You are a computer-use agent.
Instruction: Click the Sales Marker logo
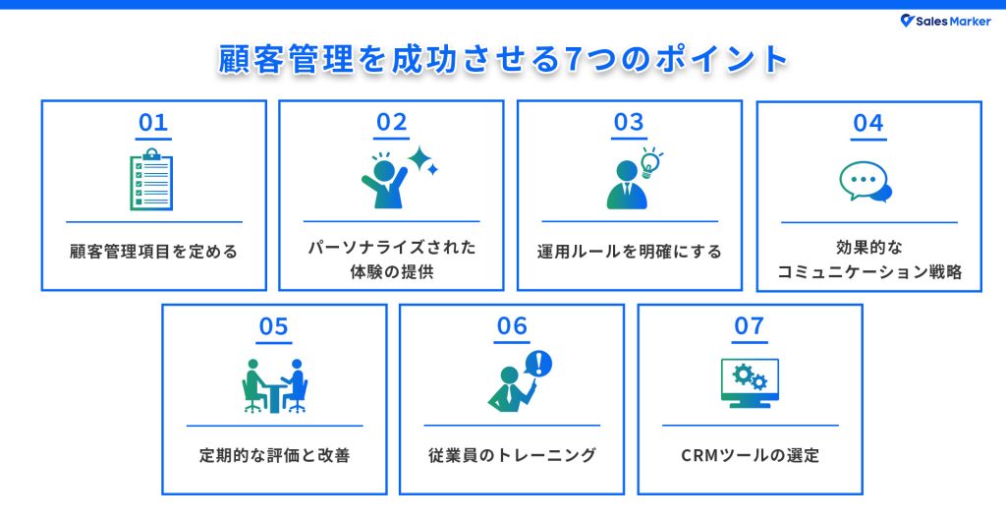pyautogui.click(x=946, y=21)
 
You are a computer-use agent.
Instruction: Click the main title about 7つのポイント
pyautogui.click(x=503, y=60)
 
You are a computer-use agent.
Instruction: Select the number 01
pyautogui.click(x=153, y=123)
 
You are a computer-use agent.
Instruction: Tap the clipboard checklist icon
pyautogui.click(x=152, y=180)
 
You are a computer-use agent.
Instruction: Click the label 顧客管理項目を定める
pyautogui.click(x=153, y=252)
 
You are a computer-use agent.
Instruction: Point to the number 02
pyautogui.click(x=391, y=123)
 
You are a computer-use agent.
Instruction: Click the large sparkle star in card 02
pyautogui.click(x=420, y=159)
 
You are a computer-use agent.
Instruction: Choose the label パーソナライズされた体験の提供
pyautogui.click(x=391, y=260)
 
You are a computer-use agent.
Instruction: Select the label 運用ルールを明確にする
pyautogui.click(x=630, y=252)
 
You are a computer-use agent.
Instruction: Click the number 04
pyautogui.click(x=868, y=123)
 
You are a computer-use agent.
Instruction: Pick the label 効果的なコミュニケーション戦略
pyautogui.click(x=868, y=260)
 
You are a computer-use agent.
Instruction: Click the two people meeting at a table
pyautogui.click(x=274, y=384)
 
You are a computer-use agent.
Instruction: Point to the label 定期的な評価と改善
pyautogui.click(x=274, y=455)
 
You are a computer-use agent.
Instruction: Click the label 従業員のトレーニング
pyautogui.click(x=512, y=455)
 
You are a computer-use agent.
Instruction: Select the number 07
pyautogui.click(x=750, y=326)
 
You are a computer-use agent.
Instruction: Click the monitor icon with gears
pyautogui.click(x=750, y=384)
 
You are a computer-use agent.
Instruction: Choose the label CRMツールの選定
pyautogui.click(x=750, y=455)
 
